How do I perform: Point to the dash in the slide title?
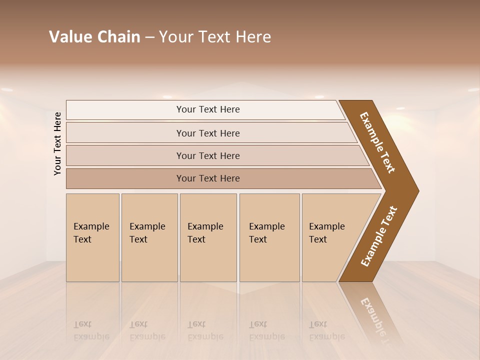point(149,37)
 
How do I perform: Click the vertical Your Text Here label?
point(57,143)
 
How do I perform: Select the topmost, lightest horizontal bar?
point(205,109)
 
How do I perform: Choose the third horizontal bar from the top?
point(215,155)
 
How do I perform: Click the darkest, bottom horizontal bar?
point(220,178)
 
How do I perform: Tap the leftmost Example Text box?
point(92,237)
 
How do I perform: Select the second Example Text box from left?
point(149,237)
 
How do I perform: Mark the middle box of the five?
point(208,237)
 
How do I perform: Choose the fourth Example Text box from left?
point(269,237)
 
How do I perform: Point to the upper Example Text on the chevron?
point(377,142)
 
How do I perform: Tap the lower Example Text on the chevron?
point(379,236)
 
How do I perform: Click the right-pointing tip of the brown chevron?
point(416,190)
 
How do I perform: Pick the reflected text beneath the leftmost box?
point(91,330)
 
